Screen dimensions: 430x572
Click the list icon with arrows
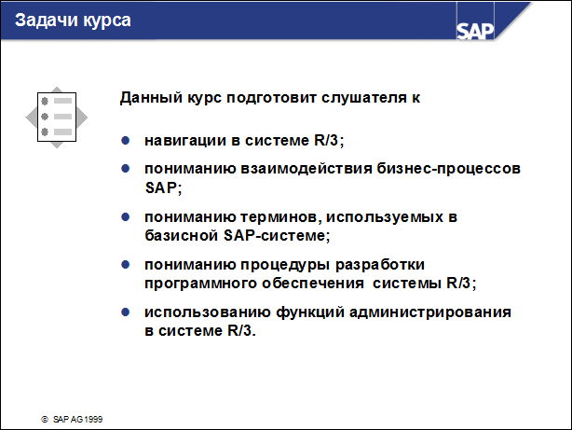tap(57, 118)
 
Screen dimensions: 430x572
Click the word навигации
tap(189, 141)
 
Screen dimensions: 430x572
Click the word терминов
tap(273, 216)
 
